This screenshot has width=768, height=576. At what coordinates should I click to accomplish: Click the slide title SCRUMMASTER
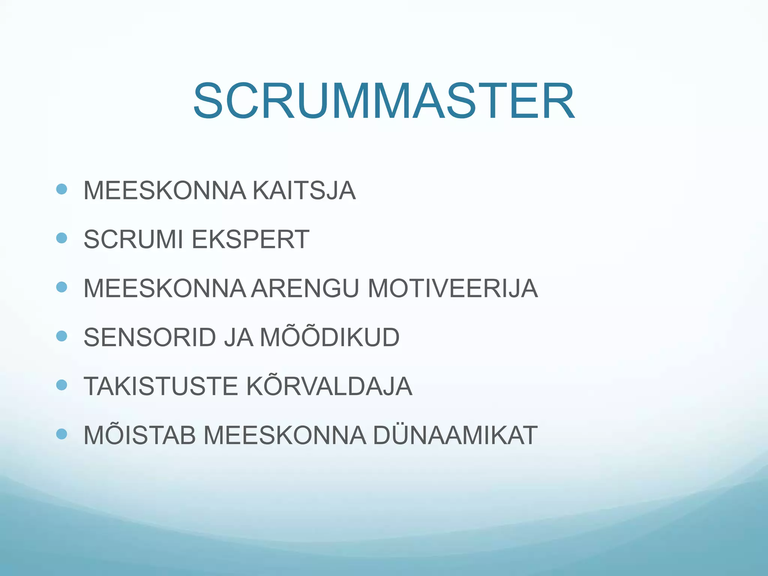point(384,101)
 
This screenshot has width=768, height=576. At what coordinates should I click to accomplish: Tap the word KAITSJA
point(304,190)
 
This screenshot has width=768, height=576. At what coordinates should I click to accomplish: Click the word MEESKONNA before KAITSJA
point(165,190)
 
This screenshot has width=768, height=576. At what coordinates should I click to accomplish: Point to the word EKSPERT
point(250,239)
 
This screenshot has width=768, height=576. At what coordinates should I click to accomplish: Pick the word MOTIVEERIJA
point(453,288)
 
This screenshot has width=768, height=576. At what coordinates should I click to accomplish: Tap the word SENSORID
point(150,337)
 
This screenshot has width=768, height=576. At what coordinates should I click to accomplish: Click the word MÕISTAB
point(139,435)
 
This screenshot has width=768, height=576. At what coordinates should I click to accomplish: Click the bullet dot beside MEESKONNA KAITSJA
point(61,189)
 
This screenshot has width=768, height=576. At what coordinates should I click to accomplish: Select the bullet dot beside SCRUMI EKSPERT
point(61,238)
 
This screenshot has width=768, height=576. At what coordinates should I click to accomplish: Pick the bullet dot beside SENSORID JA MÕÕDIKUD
point(61,336)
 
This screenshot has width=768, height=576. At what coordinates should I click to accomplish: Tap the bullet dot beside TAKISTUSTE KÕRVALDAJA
point(61,385)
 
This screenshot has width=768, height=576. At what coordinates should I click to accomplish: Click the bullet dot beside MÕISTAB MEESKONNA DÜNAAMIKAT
point(61,434)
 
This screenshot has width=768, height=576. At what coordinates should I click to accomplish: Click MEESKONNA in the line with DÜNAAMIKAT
point(285,435)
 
